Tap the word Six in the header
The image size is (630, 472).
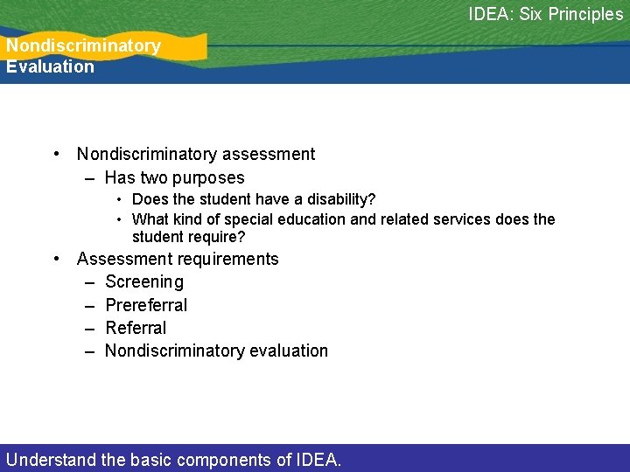(x=530, y=14)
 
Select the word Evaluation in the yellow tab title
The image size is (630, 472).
(x=50, y=66)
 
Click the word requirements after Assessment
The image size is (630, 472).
(x=229, y=259)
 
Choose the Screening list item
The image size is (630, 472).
(x=144, y=282)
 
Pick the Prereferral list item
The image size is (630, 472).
(x=146, y=305)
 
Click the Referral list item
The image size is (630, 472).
(x=136, y=328)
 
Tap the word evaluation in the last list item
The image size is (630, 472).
(x=288, y=351)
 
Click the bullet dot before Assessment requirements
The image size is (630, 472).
(x=56, y=259)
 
